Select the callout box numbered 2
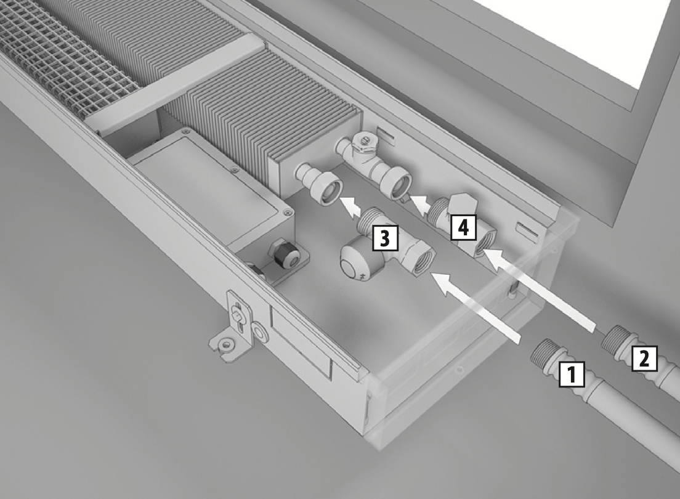tap(644, 359)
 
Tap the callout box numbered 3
tap(385, 237)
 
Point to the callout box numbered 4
tap(464, 227)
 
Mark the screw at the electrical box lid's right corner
tap(286, 212)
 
